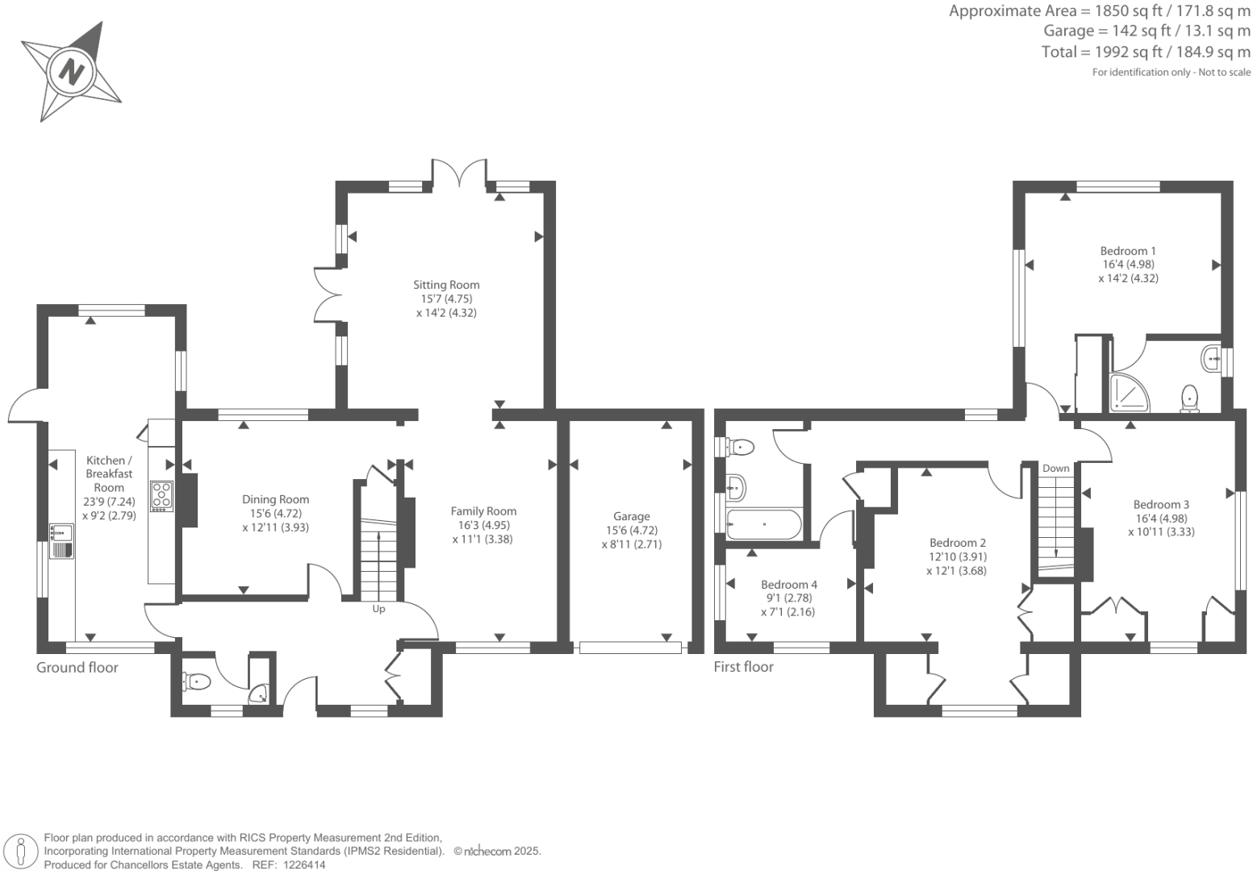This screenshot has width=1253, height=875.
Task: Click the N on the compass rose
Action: pos(72,72)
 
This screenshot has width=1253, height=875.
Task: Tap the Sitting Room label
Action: pos(446,285)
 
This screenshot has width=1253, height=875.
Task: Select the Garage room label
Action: pos(631,516)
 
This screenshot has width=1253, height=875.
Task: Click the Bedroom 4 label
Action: pos(788,585)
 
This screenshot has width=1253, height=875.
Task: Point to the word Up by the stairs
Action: pos(378,609)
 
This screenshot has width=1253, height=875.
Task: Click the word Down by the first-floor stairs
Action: pos(1055,469)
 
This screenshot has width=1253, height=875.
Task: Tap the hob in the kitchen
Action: pos(161,495)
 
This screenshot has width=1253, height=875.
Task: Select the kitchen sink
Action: pos(61,533)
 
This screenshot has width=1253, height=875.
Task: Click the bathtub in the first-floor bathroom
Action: pos(763,524)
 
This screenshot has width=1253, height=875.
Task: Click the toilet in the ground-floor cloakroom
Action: pos(196,682)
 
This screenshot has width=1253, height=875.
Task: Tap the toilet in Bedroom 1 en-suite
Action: pos(1189,398)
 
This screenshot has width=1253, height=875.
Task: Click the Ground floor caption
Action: pos(77,668)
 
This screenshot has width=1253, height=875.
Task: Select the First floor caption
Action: pos(743,667)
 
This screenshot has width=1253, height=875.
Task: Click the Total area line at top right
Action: pos(1146,52)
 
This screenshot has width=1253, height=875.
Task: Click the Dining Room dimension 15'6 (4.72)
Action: pos(275,513)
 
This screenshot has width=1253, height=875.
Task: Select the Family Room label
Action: pos(483,511)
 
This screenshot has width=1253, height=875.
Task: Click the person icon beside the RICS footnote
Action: pos(21,852)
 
